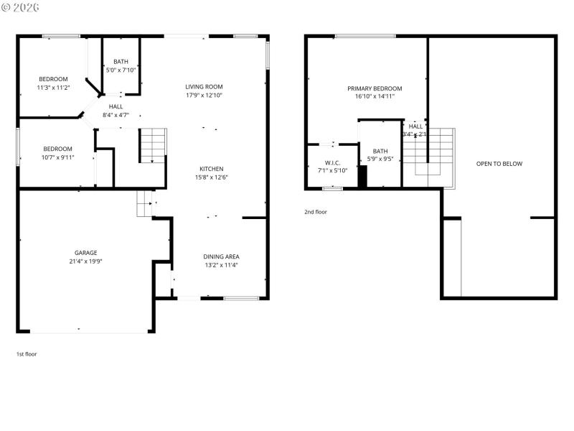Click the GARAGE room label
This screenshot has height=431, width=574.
coord(85,253)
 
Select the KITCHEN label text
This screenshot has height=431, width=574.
coord(211,169)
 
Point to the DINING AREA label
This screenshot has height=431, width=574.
coord(221,256)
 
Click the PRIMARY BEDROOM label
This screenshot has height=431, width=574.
coord(375,88)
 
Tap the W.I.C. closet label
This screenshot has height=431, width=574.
coord(331,162)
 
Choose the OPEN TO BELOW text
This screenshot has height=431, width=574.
coord(499,164)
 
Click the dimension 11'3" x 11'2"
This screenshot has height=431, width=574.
coord(53,88)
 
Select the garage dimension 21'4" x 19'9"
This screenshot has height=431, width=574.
coord(85,261)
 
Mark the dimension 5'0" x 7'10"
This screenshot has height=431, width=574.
coord(121,70)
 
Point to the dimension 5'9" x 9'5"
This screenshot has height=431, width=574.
coord(380,159)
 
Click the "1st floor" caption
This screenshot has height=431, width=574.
coord(27,354)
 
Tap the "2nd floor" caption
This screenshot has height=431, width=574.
coord(315,212)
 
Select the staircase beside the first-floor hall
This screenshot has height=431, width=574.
coord(153,145)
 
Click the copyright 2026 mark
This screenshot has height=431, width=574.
coord(21,7)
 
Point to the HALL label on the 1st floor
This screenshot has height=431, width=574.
coord(116,106)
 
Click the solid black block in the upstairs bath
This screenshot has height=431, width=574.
coord(362,177)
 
